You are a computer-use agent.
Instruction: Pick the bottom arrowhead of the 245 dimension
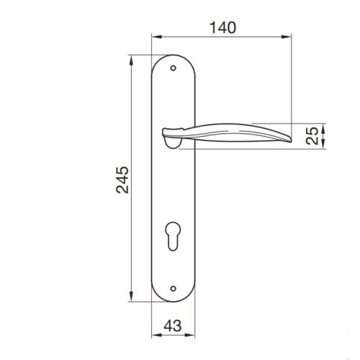point(132,300)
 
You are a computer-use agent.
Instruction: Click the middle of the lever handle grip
point(230,135)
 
